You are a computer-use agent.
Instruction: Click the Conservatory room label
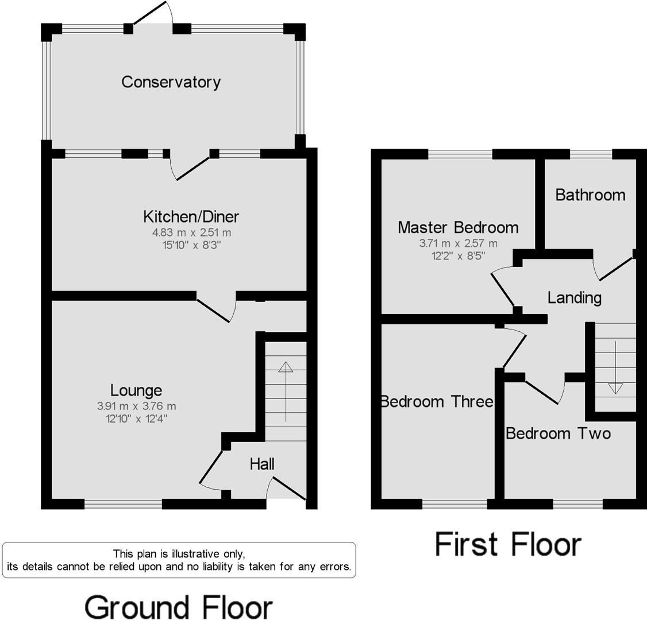(171, 82)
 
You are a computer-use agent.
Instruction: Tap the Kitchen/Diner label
(191, 217)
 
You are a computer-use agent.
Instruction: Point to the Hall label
(262, 464)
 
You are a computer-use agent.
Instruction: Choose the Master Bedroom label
(458, 228)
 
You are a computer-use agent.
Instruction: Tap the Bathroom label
(590, 195)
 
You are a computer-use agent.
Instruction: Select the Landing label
(574, 298)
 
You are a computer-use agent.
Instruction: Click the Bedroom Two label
(558, 433)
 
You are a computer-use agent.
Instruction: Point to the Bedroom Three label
(437, 401)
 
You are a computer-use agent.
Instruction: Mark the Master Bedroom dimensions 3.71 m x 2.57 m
(458, 243)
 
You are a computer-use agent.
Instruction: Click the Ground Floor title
(178, 607)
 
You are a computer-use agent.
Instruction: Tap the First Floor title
(508, 544)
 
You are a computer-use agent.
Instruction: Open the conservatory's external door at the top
(152, 14)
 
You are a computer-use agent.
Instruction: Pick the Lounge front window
(123, 504)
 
